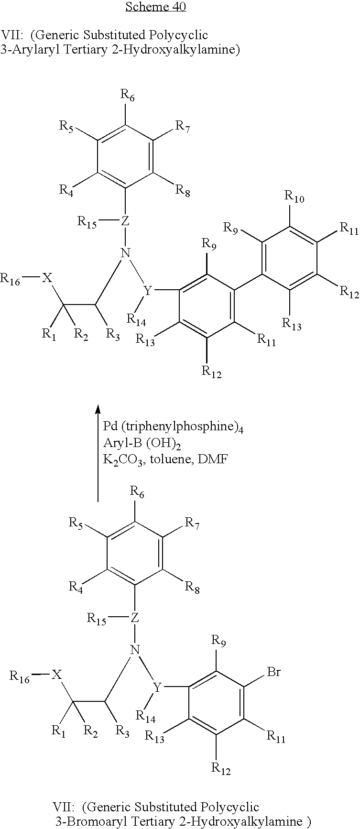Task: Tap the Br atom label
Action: tap(274, 672)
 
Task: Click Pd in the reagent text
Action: tap(110, 426)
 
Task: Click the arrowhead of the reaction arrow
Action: tap(98, 409)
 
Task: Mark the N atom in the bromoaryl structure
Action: tap(135, 649)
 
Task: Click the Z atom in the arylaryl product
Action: tap(125, 221)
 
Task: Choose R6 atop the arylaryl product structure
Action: tap(128, 97)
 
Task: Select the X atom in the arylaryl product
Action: tap(46, 278)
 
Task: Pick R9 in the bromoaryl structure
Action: tap(218, 642)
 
